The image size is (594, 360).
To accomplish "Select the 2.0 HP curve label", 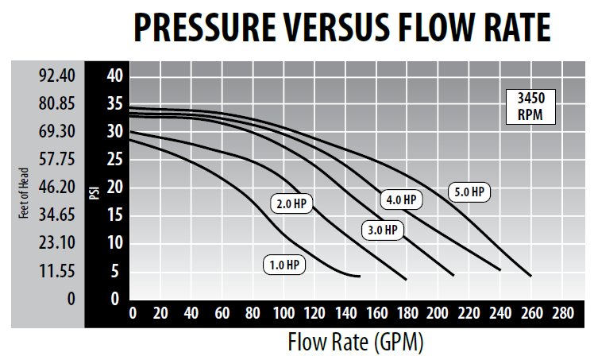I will [291, 204].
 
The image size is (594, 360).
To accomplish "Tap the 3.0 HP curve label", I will [382, 230].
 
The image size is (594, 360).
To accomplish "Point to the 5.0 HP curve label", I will [469, 192].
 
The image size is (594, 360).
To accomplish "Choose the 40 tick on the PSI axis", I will [117, 76].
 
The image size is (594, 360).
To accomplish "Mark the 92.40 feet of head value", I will [57, 76].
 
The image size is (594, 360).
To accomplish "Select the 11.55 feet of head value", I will [57, 271].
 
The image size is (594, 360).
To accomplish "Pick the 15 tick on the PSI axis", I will [117, 215].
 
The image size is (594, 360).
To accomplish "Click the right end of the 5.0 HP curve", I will [530, 276].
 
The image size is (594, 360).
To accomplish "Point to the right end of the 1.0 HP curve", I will [360, 276].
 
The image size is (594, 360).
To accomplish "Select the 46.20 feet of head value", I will [57, 188].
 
